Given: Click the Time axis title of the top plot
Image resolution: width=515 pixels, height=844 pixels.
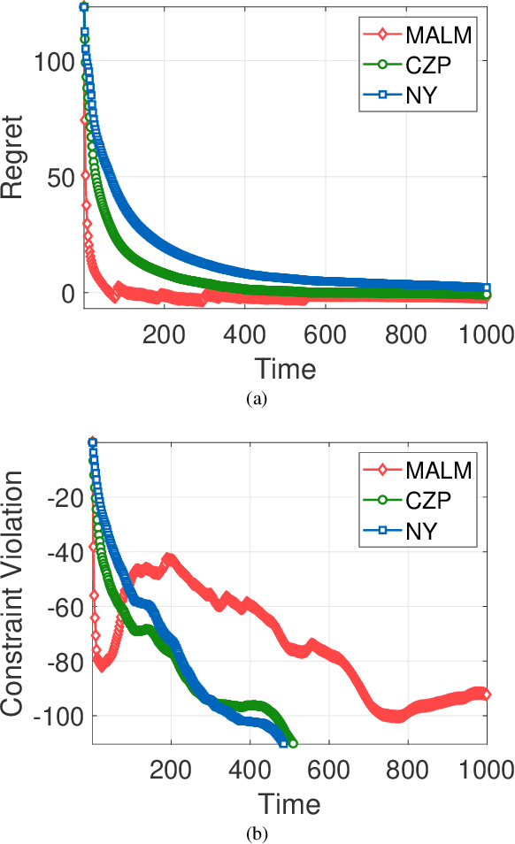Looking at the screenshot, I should [285, 368].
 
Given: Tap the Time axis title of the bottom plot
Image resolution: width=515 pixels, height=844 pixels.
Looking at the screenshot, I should [289, 804].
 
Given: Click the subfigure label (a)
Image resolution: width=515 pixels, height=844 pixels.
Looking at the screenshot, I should [257, 399].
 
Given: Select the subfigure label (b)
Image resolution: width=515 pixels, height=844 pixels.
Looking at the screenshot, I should [257, 833].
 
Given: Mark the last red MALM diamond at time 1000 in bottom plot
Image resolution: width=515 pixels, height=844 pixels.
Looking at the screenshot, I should [486, 694].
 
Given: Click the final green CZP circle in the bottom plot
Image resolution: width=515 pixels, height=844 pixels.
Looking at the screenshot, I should [292, 743].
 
